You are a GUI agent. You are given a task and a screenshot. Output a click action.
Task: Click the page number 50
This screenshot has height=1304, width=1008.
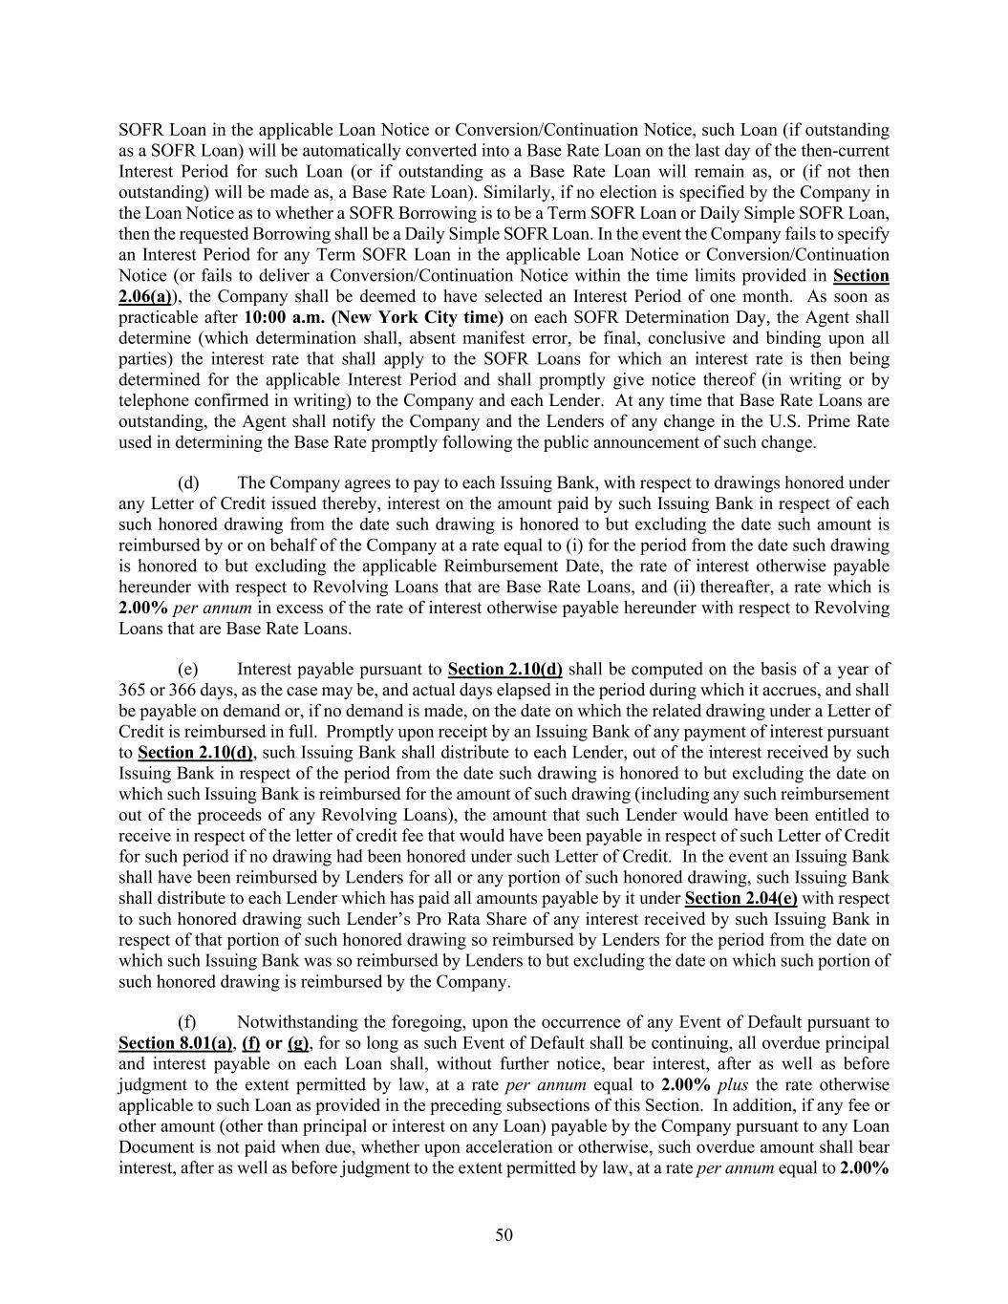pos(504,1235)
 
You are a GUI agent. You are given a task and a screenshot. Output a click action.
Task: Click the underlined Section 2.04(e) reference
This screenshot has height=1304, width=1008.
pos(741,898)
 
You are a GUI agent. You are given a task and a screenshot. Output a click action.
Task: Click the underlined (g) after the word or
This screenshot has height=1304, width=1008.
pos(298,1043)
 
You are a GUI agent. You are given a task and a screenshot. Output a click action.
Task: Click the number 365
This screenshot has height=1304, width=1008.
pos(132,690)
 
